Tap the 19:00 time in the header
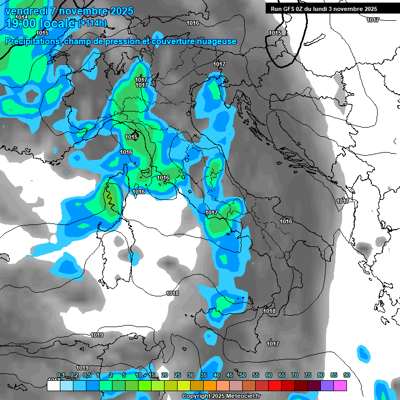pos(20,23)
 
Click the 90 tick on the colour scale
pos(346,376)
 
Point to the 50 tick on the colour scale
pos(243,376)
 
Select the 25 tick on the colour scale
pos(178,376)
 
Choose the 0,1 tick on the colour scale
pos(61,376)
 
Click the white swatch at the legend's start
pos(53,385)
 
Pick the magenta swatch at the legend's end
pos(340,385)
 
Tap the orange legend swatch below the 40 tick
pos(209,385)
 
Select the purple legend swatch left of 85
pos(327,385)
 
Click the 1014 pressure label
pos(21,17)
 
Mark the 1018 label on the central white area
pos(172,294)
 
